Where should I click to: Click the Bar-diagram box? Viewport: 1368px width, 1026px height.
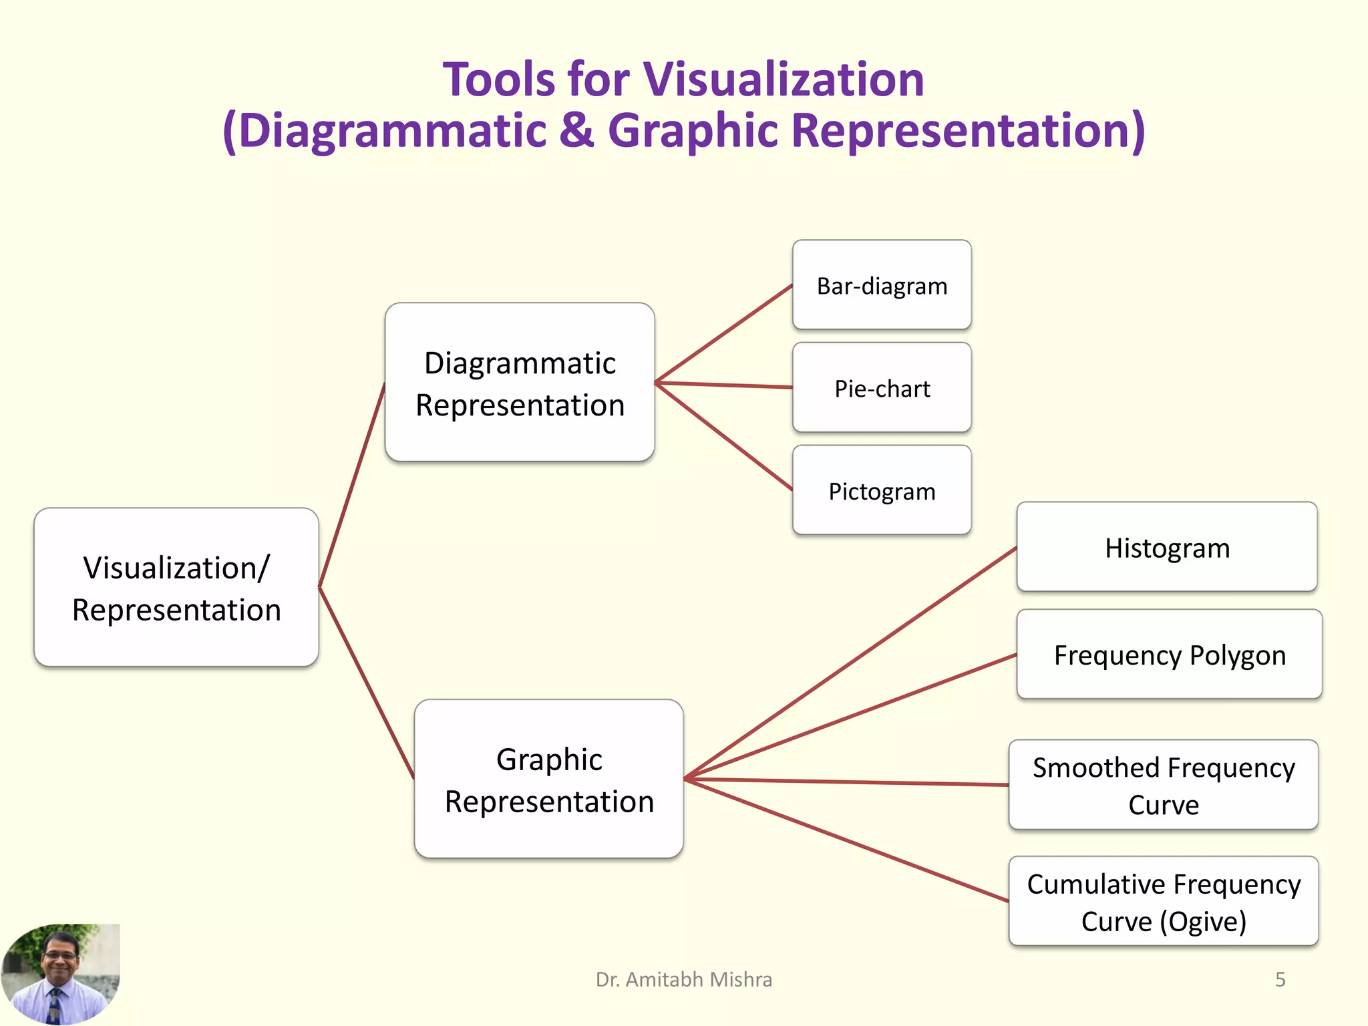882,285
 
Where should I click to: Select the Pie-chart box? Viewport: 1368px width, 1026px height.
882,388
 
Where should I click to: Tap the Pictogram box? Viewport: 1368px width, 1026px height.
882,491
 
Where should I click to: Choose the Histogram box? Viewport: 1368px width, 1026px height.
1166,547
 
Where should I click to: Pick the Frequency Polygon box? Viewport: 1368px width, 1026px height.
1169,655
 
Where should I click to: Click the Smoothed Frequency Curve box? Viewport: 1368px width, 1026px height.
1163,786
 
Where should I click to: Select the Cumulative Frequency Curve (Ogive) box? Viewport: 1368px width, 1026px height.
1163,902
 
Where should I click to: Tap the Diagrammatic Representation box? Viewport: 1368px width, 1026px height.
520,383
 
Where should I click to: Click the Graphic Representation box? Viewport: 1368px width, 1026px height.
548,780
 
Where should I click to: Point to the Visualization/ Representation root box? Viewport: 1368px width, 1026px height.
176,588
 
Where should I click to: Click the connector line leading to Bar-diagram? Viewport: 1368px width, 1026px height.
723,334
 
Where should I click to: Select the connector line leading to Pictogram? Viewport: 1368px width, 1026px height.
723,436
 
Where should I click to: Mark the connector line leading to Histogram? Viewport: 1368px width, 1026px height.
850,663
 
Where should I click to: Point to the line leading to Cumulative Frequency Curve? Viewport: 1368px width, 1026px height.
846,840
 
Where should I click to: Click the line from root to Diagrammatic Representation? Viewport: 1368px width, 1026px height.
352,486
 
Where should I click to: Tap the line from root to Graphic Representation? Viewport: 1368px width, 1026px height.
366,683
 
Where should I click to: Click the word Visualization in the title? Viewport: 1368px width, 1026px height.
783,79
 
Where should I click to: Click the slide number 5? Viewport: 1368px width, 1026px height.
1280,979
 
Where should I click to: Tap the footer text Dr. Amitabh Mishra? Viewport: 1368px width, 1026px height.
683,979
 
